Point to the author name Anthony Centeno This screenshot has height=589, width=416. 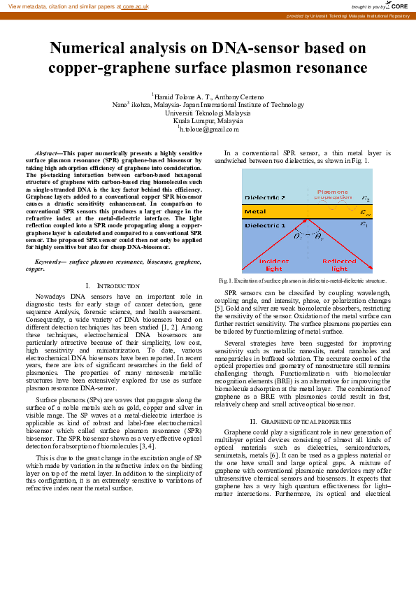tap(238, 97)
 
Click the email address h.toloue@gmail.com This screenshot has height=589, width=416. tap(208, 129)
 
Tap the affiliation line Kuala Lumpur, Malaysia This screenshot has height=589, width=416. tap(208, 120)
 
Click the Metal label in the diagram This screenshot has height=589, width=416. tap(255, 211)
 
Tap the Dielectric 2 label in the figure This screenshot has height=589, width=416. tap(264, 197)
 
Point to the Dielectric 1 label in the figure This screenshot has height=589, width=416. tap(264, 226)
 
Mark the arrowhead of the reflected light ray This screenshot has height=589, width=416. tap(371, 268)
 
